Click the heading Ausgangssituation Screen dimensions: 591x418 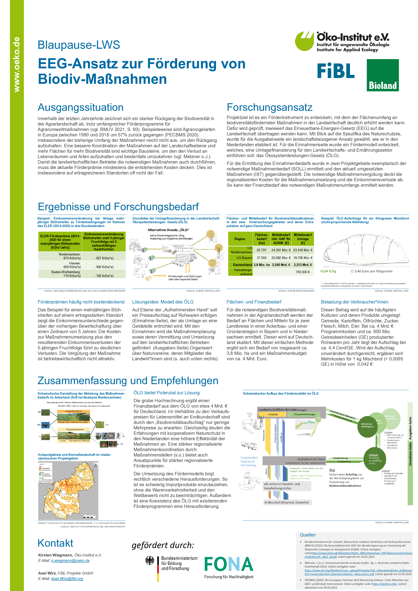coord(80,107)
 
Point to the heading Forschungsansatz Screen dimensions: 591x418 coord(269,107)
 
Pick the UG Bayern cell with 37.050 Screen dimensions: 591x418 coord(261,258)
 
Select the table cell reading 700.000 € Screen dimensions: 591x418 coord(303,272)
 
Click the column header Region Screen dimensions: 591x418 coord(240,239)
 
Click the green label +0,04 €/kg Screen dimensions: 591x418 coord(328,271)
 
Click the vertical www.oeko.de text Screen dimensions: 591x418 coord(17,64)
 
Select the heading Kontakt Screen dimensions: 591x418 coord(55,543)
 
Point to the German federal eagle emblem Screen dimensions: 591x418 coord(150,560)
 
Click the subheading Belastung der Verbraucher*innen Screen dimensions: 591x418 coord(354,302)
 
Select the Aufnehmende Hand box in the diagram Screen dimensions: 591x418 coord(294,461)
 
